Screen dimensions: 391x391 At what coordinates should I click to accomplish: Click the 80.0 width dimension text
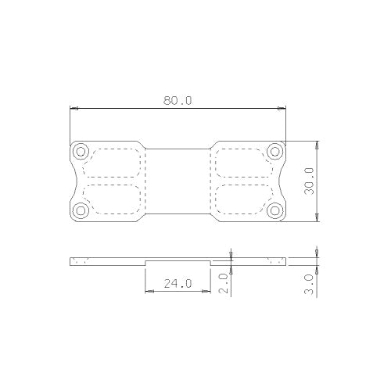[x=178, y=101]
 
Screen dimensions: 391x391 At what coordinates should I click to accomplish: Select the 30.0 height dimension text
[x=309, y=181]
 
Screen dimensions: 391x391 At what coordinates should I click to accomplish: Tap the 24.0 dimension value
[x=178, y=284]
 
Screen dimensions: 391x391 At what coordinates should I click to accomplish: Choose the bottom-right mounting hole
[x=274, y=210]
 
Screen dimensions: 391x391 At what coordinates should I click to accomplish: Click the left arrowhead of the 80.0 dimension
[x=73, y=108]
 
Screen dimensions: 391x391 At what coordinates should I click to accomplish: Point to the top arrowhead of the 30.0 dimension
[x=317, y=144]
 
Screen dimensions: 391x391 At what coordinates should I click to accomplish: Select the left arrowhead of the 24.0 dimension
[x=148, y=292]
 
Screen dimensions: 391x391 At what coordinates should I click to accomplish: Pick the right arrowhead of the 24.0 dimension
[x=208, y=292]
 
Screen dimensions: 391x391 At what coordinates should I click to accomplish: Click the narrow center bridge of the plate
[x=178, y=181]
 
